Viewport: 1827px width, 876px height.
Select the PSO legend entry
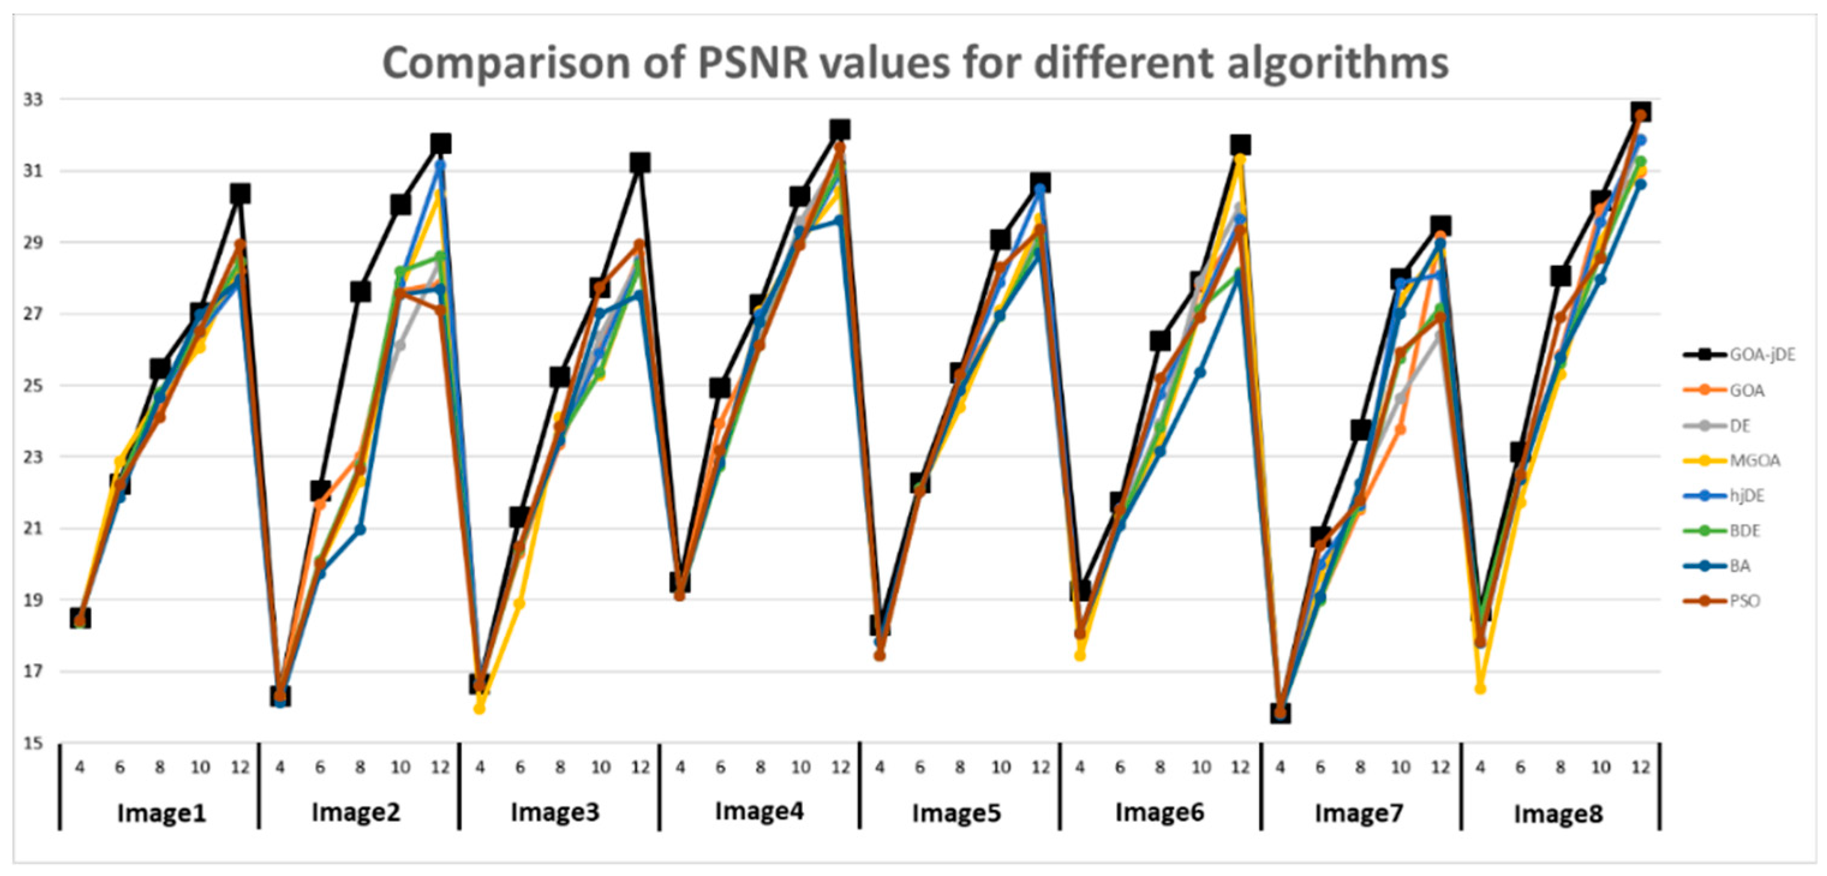(1744, 601)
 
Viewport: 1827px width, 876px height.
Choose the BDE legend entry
(1745, 531)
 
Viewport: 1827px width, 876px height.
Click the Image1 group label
(161, 813)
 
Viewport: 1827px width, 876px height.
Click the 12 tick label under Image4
(841, 767)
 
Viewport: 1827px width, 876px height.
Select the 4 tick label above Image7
(1280, 767)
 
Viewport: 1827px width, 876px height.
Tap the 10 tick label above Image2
(400, 767)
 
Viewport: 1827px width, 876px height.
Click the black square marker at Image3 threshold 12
(640, 163)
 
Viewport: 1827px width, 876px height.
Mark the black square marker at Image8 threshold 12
(1640, 112)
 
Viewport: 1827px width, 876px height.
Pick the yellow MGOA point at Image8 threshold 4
(1480, 689)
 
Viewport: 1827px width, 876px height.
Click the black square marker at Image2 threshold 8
(360, 292)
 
